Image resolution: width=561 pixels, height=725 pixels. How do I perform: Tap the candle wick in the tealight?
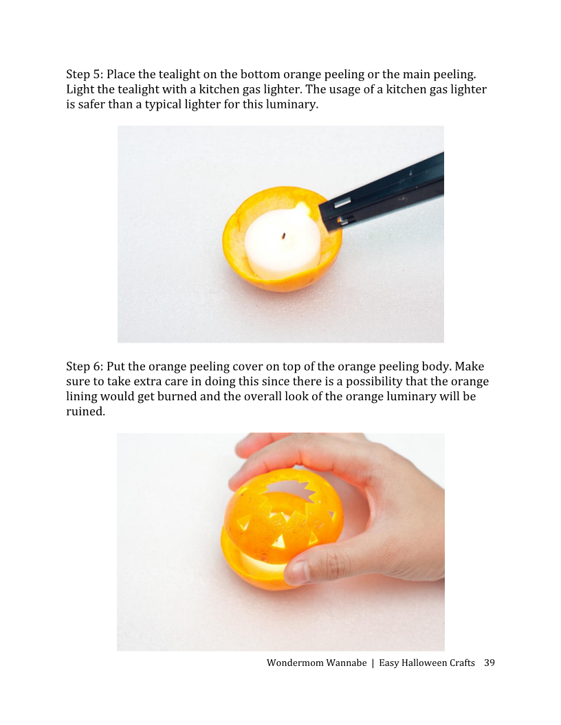click(x=283, y=237)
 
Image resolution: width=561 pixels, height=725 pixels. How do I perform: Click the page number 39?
click(x=489, y=663)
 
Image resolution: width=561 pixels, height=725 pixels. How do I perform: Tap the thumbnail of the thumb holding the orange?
click(x=297, y=572)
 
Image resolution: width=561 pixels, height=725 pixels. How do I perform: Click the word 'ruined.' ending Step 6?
click(x=85, y=412)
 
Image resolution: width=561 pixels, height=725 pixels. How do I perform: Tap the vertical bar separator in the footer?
click(x=372, y=663)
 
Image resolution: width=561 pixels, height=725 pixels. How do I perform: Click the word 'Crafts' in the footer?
click(x=462, y=663)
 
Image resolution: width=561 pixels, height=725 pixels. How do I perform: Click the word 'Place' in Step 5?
click(x=121, y=74)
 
